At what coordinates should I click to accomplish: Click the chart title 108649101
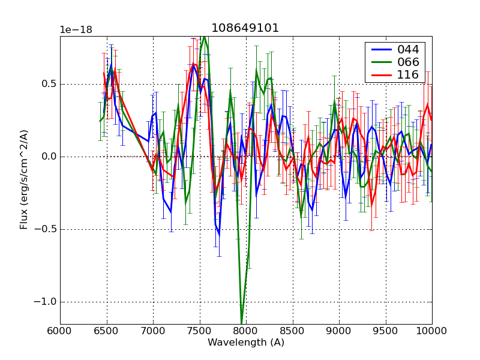pyautogui.click(x=245, y=28)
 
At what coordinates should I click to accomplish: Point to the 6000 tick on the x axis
pyautogui.click(x=60, y=331)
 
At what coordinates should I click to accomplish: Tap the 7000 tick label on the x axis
pyautogui.click(x=153, y=331)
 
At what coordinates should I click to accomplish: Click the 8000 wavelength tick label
pyautogui.click(x=246, y=331)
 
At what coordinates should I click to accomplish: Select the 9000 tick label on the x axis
pyautogui.click(x=339, y=331)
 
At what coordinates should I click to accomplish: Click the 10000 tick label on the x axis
pyautogui.click(x=432, y=331)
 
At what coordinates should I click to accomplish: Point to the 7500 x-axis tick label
pyautogui.click(x=199, y=331)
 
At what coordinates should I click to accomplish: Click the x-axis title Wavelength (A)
pyautogui.click(x=246, y=343)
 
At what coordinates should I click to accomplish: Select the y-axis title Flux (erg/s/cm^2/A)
pyautogui.click(x=24, y=180)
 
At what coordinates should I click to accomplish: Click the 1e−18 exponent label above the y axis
pyautogui.click(x=76, y=30)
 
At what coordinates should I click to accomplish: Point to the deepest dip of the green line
pyautogui.click(x=242, y=323)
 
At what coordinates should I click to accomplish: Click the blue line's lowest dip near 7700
pyautogui.click(x=218, y=235)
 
